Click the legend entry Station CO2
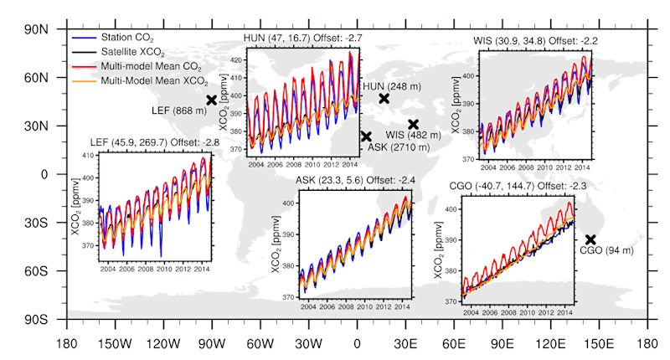click(126, 39)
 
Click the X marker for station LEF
click(211, 100)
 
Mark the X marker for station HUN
click(384, 98)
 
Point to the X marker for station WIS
click(413, 124)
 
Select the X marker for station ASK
click(366, 136)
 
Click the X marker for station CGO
click(590, 239)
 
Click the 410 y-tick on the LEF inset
click(87, 157)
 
